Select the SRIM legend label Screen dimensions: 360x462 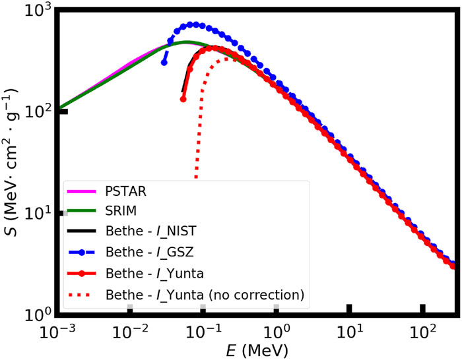click(x=122, y=212)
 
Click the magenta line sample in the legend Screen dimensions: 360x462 click(x=83, y=193)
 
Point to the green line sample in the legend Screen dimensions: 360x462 click(x=83, y=212)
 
